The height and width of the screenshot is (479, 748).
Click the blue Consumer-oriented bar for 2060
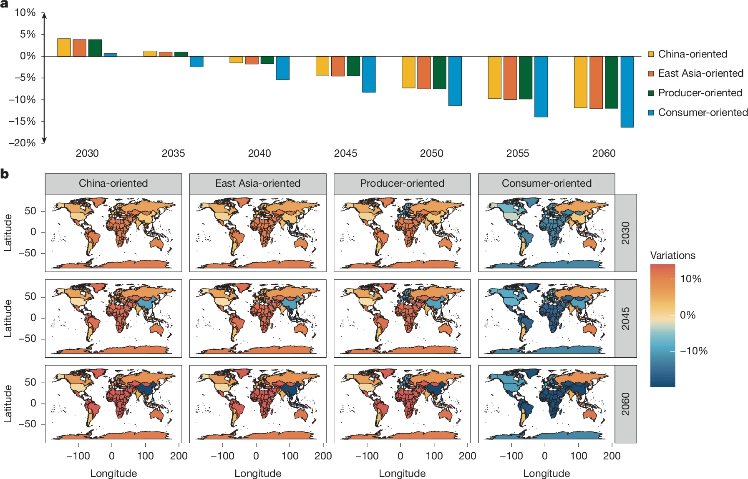627,92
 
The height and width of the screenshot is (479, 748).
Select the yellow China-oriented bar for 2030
64,48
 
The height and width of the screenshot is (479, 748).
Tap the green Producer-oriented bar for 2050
439,73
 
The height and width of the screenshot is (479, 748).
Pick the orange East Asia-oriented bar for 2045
338,66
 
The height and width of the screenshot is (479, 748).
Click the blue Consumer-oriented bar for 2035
196,62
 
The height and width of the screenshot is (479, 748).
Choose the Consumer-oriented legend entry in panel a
703,113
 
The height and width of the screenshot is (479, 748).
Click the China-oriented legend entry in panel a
692,54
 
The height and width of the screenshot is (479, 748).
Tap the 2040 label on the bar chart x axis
259,153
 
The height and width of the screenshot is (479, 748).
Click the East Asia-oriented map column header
258,183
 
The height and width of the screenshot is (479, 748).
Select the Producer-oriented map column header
402,183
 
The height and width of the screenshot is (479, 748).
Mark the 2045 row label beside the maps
625,318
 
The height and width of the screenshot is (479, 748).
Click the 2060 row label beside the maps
625,404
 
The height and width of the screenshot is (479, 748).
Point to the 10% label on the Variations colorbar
690,279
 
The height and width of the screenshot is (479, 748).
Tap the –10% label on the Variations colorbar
693,351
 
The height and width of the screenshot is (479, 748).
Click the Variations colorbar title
672,256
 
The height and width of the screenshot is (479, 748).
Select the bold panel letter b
5,174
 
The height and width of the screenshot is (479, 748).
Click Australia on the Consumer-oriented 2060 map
589,414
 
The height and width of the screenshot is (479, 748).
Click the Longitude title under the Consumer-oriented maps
546,474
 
